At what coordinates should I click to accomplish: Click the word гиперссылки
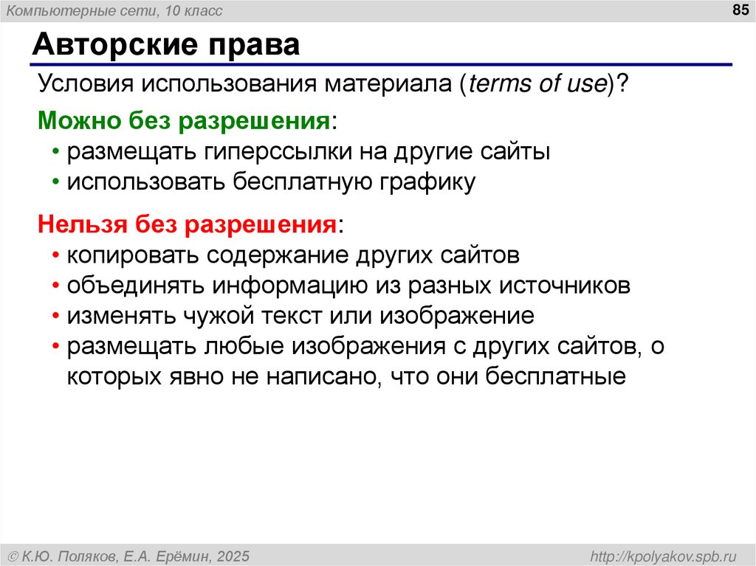pyautogui.click(x=279, y=152)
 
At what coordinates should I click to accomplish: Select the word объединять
pyautogui.click(x=137, y=286)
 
